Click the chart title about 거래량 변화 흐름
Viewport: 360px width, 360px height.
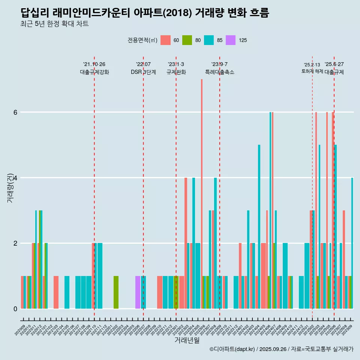pyautogui.click(x=145, y=13)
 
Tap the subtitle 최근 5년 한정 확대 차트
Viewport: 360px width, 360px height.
pyautogui.click(x=55, y=24)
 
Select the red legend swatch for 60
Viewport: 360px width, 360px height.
pyautogui.click(x=165, y=40)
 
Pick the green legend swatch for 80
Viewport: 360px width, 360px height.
pyautogui.click(x=187, y=40)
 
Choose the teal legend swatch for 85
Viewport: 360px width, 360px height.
pyautogui.click(x=209, y=40)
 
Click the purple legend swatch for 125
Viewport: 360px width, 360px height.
pyautogui.click(x=231, y=40)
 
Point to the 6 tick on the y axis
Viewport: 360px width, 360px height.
pyautogui.click(x=15, y=112)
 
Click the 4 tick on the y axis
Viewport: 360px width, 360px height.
pyautogui.click(x=15, y=178)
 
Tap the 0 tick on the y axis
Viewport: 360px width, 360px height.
pyautogui.click(x=15, y=309)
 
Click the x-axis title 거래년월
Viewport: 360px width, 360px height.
pyautogui.click(x=187, y=340)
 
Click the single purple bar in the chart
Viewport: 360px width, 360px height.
pyautogui.click(x=138, y=292)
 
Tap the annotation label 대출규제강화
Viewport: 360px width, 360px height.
pyautogui.click(x=94, y=72)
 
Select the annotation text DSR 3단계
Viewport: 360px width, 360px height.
pyautogui.click(x=143, y=72)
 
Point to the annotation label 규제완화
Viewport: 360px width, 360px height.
pyautogui.click(x=176, y=72)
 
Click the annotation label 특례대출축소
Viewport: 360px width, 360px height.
pyautogui.click(x=220, y=72)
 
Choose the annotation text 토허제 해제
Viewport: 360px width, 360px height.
pyautogui.click(x=312, y=71)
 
